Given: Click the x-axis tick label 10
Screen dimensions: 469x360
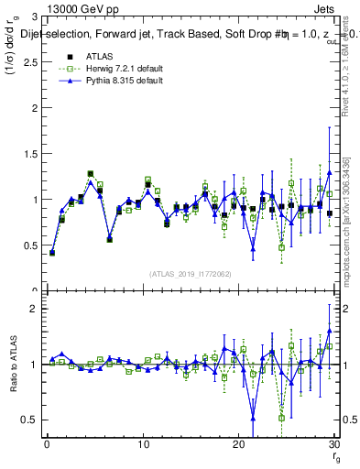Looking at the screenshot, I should click(142, 446).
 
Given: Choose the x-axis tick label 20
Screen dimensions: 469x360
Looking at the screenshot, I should click(238, 446).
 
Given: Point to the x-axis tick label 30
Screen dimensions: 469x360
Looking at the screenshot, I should click(333, 446).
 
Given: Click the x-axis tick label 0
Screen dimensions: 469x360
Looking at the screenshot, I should click(47, 446).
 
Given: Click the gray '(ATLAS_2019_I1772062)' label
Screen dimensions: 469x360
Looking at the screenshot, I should click(191, 273).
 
